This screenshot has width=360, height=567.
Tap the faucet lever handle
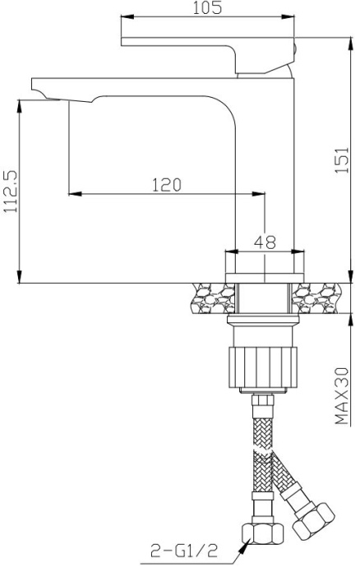tap(205, 47)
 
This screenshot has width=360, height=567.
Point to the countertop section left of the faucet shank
tap(212, 297)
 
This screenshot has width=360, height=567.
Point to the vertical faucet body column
tap(265, 164)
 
